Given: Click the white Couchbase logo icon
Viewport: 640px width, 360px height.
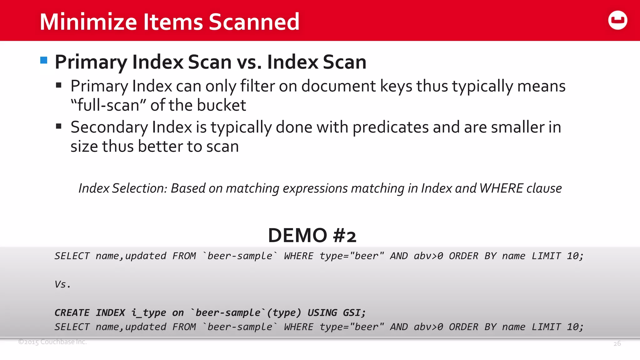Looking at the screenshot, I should click(x=617, y=20).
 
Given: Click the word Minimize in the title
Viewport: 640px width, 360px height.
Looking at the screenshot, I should click(x=88, y=22).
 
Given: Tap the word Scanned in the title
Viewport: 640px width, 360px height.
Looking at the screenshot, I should click(x=254, y=22).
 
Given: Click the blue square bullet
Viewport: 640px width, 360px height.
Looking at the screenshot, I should click(x=44, y=60).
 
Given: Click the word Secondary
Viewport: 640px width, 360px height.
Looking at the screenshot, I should click(x=109, y=127).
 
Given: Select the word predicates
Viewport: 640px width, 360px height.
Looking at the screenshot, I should click(x=391, y=127).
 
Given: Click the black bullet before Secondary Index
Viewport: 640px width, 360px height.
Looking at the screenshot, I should click(x=58, y=127).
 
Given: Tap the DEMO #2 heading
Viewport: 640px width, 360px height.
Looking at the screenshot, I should click(x=312, y=235).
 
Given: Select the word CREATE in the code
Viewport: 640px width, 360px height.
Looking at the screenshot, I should click(x=72, y=312).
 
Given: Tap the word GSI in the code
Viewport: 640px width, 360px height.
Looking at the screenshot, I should click(x=353, y=312).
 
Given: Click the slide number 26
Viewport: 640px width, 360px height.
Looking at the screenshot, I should click(x=617, y=344).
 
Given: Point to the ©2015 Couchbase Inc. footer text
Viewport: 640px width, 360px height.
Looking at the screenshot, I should click(x=52, y=342).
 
